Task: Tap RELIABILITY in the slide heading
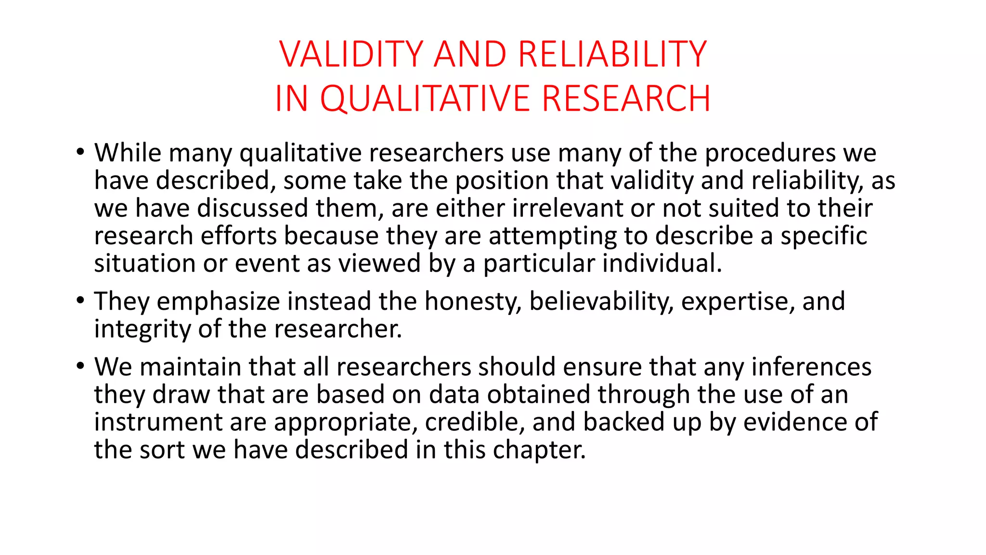tap(612, 54)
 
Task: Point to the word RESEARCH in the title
tap(626, 99)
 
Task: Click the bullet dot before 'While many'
tap(80, 152)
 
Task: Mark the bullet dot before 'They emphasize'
tap(80, 301)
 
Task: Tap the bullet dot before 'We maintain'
tap(80, 366)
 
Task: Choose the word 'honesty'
tap(473, 302)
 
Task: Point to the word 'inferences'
tap(811, 367)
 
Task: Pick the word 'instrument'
tap(157, 422)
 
